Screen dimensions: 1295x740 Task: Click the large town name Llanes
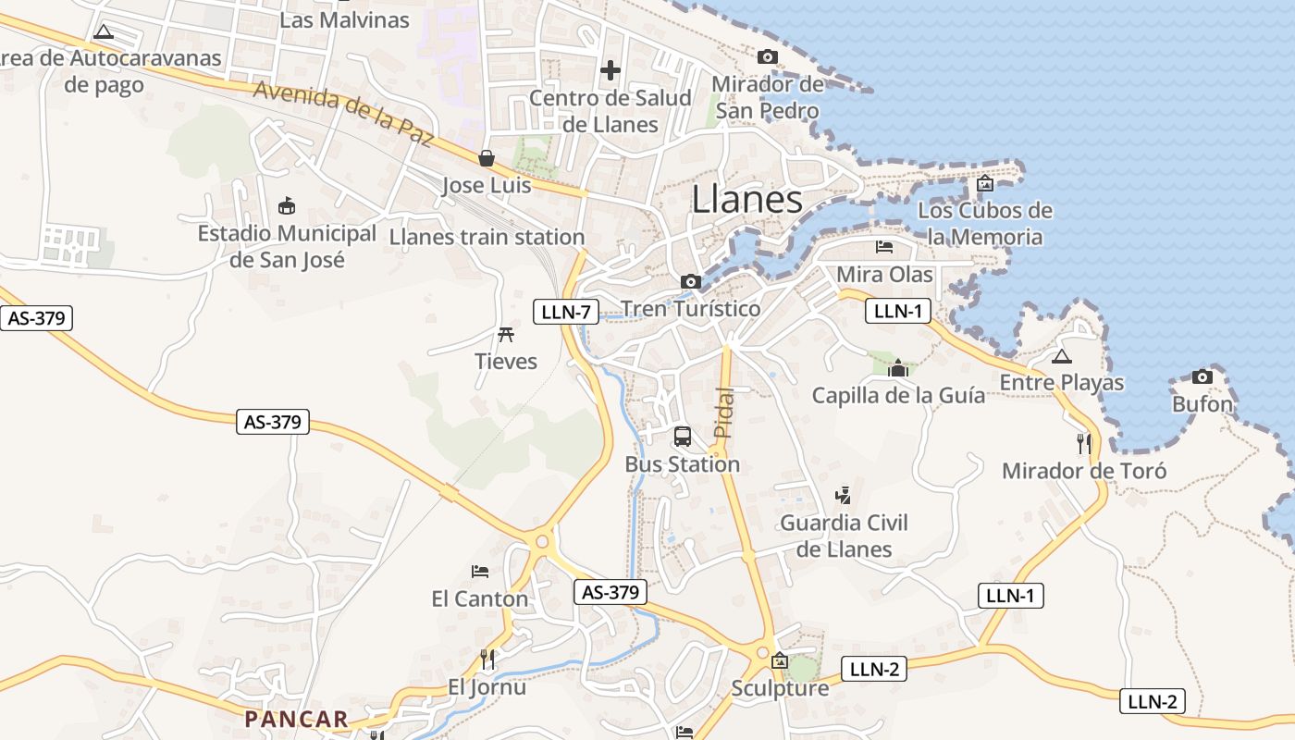(746, 200)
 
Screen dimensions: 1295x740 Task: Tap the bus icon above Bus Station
(683, 437)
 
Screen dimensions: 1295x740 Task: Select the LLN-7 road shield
(565, 312)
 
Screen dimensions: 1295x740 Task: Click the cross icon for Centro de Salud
(610, 69)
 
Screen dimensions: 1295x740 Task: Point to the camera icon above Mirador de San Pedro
(767, 56)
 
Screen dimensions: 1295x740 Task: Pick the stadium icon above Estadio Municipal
(287, 205)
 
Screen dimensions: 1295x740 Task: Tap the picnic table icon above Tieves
(505, 334)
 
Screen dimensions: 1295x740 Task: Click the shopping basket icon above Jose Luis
(487, 158)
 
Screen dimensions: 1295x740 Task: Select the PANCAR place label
(296, 719)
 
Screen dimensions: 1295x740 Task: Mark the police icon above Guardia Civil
(843, 495)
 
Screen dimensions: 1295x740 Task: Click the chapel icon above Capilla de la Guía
(897, 368)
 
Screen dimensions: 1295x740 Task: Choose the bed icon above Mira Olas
(884, 247)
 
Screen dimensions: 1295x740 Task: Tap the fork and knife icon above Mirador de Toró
(1084, 443)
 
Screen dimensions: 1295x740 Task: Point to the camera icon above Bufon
(1202, 376)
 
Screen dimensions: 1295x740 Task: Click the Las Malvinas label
(344, 19)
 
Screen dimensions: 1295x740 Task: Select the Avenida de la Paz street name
(342, 114)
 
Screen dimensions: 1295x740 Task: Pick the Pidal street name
(724, 412)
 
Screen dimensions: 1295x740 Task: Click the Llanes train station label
(487, 237)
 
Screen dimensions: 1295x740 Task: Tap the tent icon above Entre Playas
(1062, 356)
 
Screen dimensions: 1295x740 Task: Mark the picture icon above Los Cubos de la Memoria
(984, 183)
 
